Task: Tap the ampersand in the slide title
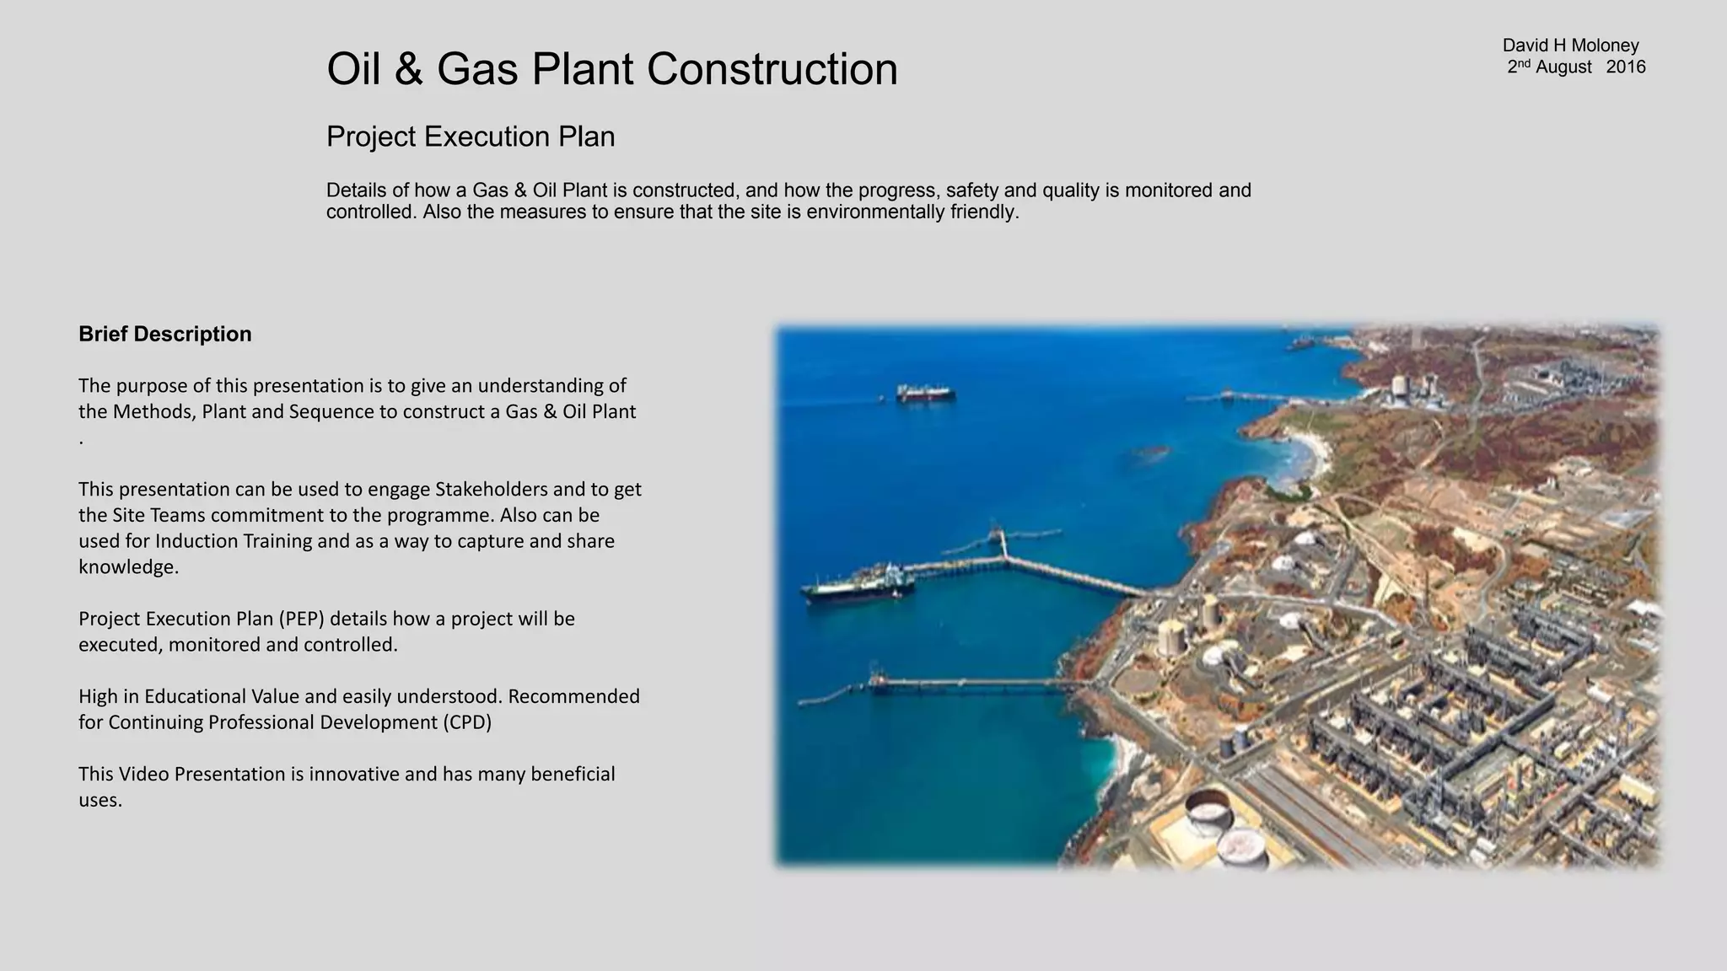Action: [x=408, y=69]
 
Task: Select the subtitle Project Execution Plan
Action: [x=471, y=137]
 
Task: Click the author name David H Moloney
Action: [x=1570, y=46]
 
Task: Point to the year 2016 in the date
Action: [x=1625, y=67]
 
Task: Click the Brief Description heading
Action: [x=165, y=334]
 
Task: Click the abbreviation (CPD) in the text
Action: [x=466, y=722]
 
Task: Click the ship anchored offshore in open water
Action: [x=925, y=393]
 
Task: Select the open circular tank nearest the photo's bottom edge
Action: [x=1242, y=847]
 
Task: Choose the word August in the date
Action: [x=1563, y=67]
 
